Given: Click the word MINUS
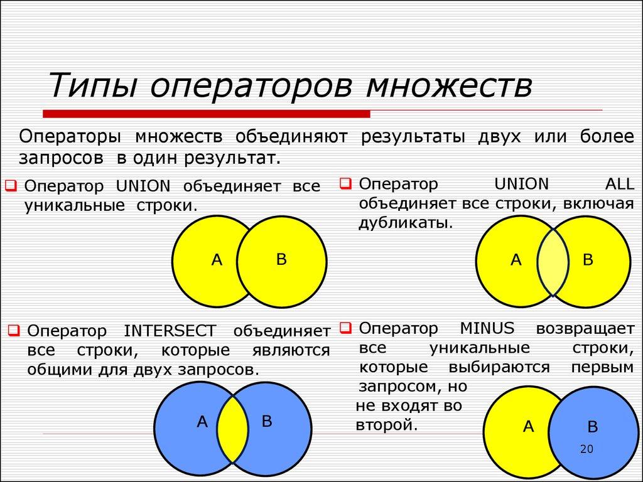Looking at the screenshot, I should tap(487, 328).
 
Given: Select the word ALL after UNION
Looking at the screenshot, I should tap(619, 184).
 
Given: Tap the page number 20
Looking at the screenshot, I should tap(586, 449).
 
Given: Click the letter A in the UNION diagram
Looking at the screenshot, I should tap(217, 260).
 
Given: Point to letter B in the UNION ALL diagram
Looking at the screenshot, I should tap(588, 260).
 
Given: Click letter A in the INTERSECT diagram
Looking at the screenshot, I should tap(202, 422).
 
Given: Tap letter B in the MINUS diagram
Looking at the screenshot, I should tap(592, 427).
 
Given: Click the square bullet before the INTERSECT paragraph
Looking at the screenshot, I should tap(14, 329).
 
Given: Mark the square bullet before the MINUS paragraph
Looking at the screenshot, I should tap(345, 327).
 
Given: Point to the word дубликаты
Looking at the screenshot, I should tap(404, 223).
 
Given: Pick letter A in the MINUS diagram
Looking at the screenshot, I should tap(528, 427).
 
